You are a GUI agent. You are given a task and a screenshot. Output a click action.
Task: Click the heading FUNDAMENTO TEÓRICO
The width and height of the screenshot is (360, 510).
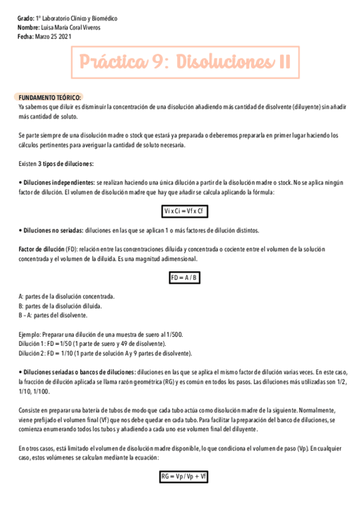(x=50, y=97)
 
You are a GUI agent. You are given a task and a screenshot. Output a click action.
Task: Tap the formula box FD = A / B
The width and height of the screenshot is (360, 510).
(x=185, y=277)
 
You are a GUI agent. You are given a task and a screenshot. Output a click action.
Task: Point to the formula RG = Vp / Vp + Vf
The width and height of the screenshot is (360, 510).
(x=184, y=477)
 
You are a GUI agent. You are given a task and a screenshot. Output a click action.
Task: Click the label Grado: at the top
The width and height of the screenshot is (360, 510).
(x=26, y=19)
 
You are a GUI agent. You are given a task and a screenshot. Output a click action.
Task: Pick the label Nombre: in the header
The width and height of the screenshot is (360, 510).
(x=28, y=28)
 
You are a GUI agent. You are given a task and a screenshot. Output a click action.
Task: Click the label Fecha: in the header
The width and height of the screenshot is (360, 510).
(x=26, y=37)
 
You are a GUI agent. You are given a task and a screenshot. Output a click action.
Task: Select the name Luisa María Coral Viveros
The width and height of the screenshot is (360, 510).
(x=71, y=28)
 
